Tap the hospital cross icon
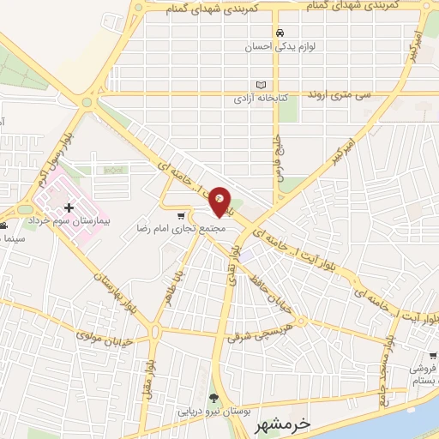pyautogui.click(x=69, y=208)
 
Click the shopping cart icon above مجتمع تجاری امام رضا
pyautogui.click(x=180, y=216)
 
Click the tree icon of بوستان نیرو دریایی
pyautogui.click(x=212, y=396)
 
